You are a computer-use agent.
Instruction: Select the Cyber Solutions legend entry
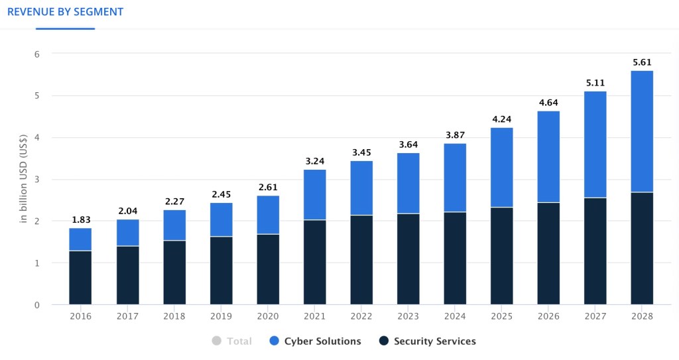(x=322, y=341)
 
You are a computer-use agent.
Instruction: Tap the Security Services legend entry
(x=434, y=341)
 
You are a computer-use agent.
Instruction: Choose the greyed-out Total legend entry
(x=239, y=341)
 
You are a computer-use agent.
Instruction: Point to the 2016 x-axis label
(x=80, y=316)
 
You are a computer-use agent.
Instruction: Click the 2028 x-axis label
(x=642, y=316)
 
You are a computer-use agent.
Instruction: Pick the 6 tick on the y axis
(x=37, y=54)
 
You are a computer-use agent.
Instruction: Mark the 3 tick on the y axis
(x=37, y=180)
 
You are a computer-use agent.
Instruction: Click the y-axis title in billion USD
(x=24, y=180)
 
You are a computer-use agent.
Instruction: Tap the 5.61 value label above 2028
(x=642, y=62)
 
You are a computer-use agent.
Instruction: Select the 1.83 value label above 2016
(x=80, y=220)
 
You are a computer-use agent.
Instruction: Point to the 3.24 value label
(x=314, y=161)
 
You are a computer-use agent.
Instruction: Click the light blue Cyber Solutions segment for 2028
(x=642, y=131)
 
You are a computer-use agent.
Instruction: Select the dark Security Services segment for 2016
(x=80, y=278)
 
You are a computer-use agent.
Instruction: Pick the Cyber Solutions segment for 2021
(x=314, y=195)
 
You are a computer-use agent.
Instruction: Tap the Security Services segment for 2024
(x=455, y=259)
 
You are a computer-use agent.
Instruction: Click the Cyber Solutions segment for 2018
(x=174, y=225)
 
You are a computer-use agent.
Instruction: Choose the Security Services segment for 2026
(x=548, y=254)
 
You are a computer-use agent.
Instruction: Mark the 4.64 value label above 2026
(x=548, y=103)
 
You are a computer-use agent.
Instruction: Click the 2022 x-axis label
(x=361, y=316)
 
